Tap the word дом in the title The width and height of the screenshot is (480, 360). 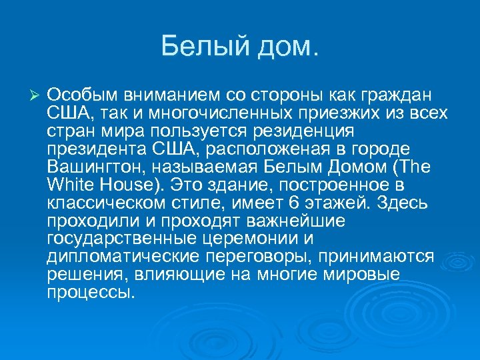pyautogui.click(x=285, y=46)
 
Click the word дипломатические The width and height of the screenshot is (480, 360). pyautogui.click(x=116, y=256)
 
